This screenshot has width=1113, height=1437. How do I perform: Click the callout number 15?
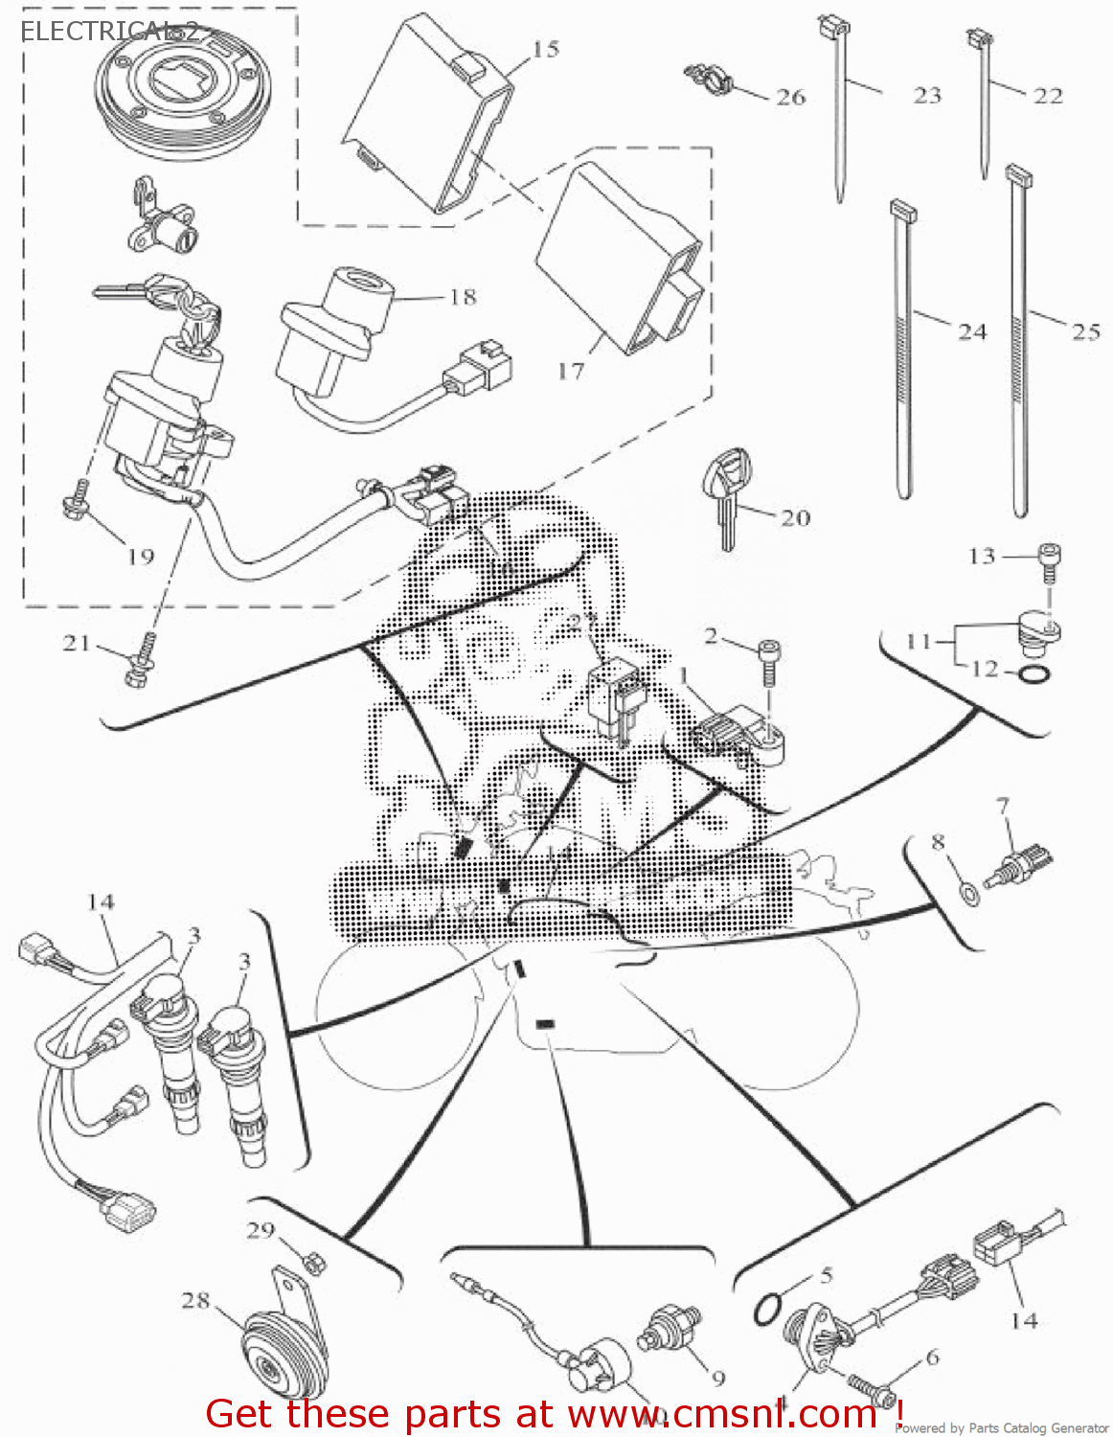(x=545, y=49)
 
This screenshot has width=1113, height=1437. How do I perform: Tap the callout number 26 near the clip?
(x=790, y=97)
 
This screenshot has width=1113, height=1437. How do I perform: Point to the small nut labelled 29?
(x=312, y=1263)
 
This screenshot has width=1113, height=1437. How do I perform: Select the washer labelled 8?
(x=969, y=894)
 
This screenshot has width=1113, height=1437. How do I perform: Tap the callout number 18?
(x=463, y=297)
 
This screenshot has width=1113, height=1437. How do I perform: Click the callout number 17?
(x=571, y=370)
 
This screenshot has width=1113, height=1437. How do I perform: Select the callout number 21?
(x=77, y=644)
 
